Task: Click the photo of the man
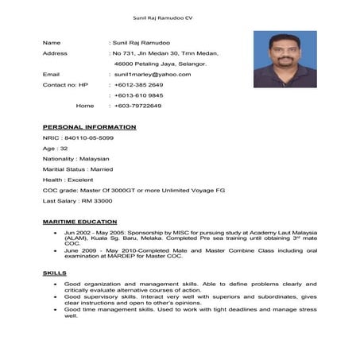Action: click(285, 59)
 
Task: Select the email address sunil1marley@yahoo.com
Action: click(153, 74)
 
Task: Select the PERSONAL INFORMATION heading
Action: click(89, 127)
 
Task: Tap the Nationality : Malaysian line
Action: click(75, 159)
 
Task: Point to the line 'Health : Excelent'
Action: click(69, 180)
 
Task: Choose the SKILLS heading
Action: click(54, 273)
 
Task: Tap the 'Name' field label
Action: click(51, 42)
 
